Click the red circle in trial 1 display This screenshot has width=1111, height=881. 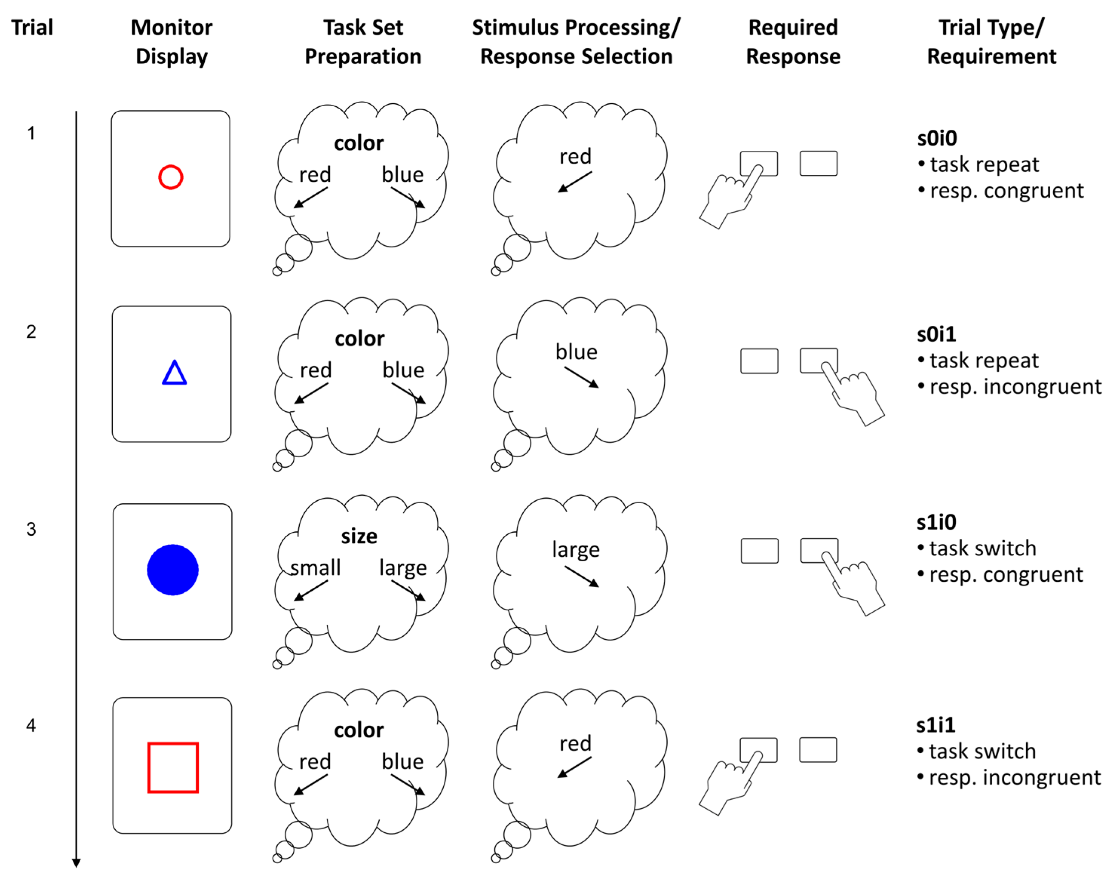click(170, 177)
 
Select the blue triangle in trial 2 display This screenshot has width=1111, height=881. click(174, 373)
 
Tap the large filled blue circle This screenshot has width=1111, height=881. click(173, 570)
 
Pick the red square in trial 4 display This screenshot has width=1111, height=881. click(173, 767)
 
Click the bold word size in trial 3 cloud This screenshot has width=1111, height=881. click(359, 536)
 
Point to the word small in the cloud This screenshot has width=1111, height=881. click(316, 568)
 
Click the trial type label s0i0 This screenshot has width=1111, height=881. click(937, 138)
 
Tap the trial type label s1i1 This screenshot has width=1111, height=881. click(936, 725)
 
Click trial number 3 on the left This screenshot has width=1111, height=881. click(31, 529)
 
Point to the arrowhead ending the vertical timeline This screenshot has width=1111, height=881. click(76, 863)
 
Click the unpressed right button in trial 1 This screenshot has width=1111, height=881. click(818, 163)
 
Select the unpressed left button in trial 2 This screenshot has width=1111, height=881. click(759, 361)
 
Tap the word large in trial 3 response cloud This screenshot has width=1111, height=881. click(576, 550)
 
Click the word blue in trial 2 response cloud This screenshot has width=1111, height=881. click(576, 352)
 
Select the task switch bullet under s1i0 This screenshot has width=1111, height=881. click(982, 548)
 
